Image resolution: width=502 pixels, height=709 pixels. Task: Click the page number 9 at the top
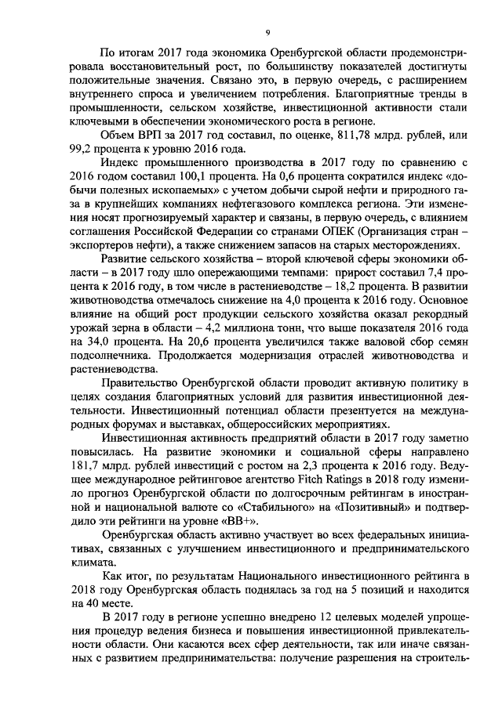click(x=267, y=32)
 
